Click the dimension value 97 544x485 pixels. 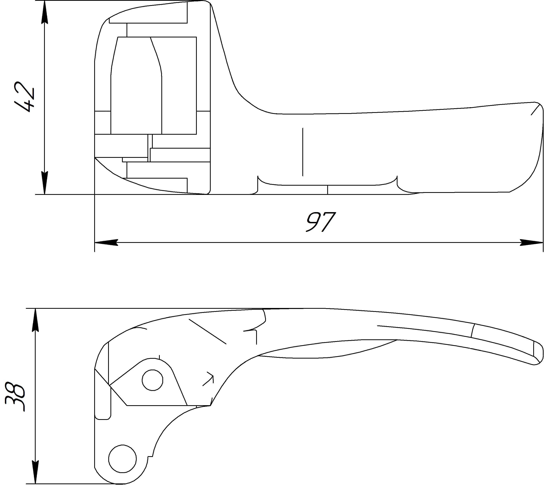click(x=320, y=222)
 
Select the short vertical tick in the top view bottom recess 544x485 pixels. click(x=328, y=190)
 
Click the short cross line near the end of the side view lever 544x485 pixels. click(x=473, y=331)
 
